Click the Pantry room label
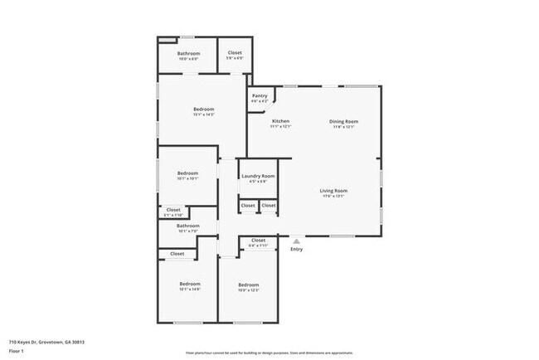point(260,95)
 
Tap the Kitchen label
point(280,121)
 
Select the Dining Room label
point(343,121)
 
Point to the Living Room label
point(333,191)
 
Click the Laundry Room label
point(256,177)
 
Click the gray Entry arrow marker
point(296,241)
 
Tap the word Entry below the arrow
point(296,249)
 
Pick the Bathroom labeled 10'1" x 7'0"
point(187,226)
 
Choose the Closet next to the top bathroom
point(235,54)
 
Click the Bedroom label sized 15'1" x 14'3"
point(204,109)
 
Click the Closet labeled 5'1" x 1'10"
point(173,210)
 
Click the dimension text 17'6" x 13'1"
point(333,197)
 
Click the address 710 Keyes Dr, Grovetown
point(47,342)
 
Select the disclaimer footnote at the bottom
point(269,352)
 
